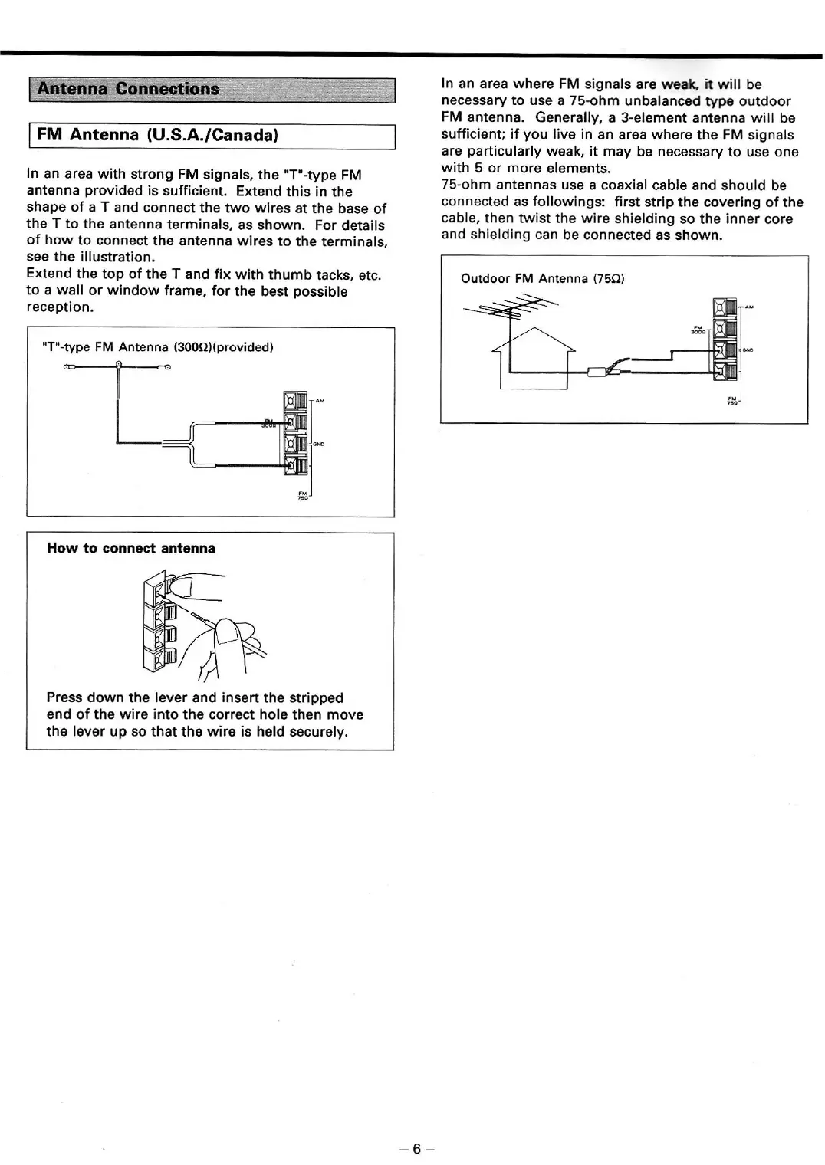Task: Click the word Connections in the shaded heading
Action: (x=167, y=89)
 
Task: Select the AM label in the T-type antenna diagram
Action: (x=320, y=401)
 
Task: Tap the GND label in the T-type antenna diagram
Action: (x=318, y=444)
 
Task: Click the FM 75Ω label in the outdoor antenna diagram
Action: (x=732, y=401)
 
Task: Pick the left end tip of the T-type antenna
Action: (x=68, y=367)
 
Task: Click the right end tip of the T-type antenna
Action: (x=166, y=367)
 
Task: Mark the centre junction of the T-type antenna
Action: (x=119, y=366)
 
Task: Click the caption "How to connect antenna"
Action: (x=131, y=549)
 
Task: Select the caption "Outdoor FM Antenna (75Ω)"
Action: (x=543, y=279)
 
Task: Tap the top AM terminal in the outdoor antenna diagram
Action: (x=725, y=308)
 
